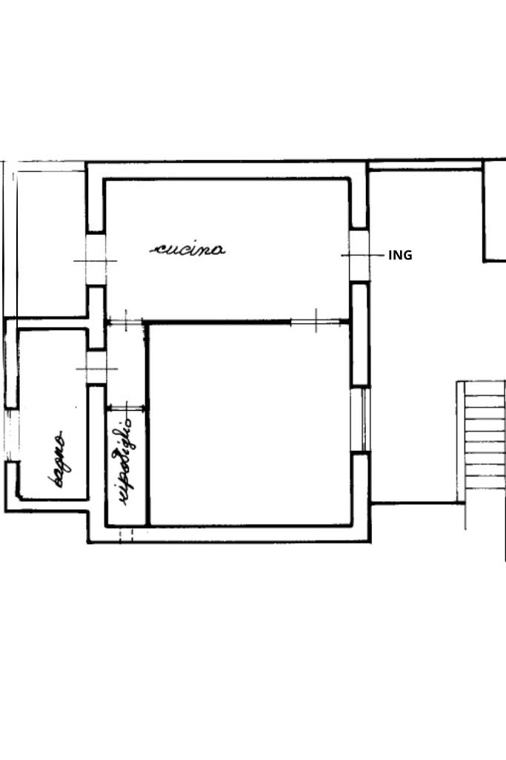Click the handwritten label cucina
(x=187, y=249)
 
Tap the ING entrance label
(x=400, y=255)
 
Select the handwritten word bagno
(x=58, y=458)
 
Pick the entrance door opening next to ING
(x=359, y=255)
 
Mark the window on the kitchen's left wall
(x=96, y=260)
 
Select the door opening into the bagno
(x=96, y=369)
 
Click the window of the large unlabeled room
(x=360, y=420)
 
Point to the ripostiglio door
(x=127, y=408)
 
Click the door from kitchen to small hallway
(x=125, y=321)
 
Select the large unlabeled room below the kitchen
(x=250, y=425)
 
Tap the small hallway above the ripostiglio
(x=126, y=365)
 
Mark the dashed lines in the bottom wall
(x=126, y=535)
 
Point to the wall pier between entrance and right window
(x=360, y=334)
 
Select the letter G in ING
(x=407, y=255)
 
